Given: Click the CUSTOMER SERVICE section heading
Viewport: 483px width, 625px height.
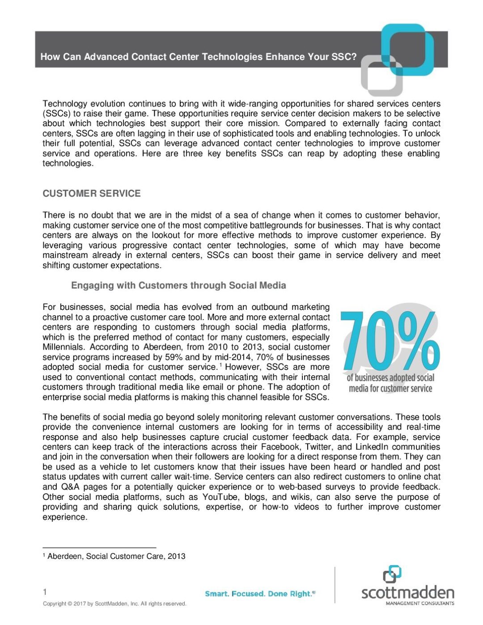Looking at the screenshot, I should pos(92,194).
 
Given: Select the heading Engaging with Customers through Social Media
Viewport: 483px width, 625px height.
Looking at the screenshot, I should pos(178,285).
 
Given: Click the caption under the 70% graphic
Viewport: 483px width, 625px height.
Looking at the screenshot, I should pos(390,383).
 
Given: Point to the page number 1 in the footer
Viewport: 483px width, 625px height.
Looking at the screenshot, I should pos(45,592).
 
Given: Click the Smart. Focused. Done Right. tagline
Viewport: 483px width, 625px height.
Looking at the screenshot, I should pos(260,594).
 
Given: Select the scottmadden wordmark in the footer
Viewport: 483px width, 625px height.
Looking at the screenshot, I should pos(407,593).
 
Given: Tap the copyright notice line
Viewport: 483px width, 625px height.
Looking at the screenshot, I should pos(114,604).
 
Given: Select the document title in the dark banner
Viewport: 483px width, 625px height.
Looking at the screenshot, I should pos(199,57).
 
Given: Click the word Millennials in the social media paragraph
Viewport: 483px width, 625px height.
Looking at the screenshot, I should pos(63,347).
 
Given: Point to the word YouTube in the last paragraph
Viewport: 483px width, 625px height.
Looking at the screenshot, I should pos(220,497).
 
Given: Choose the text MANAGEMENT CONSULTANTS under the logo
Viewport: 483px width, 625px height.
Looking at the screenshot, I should pos(419,604).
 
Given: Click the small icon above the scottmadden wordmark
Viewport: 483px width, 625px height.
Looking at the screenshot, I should pos(392,574).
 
